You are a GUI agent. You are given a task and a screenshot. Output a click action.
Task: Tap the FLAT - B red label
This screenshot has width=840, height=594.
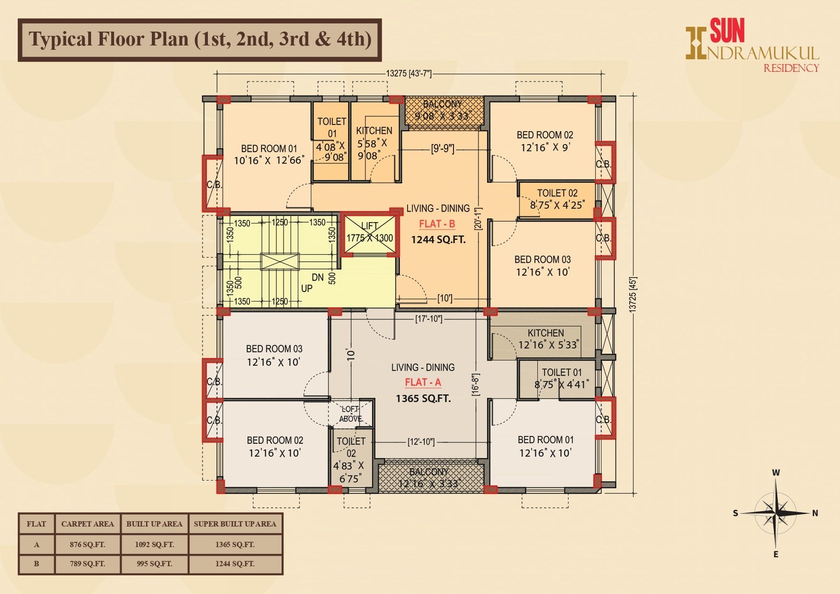[x=437, y=224]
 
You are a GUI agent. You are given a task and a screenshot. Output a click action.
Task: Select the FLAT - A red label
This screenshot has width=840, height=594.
[x=423, y=382]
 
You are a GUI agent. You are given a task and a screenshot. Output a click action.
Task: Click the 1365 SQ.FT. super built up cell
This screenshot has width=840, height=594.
[x=235, y=544]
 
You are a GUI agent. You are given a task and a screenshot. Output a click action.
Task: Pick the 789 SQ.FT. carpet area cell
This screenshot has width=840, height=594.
[x=87, y=564]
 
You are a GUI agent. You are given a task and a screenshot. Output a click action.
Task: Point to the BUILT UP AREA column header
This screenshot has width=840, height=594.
[x=154, y=524]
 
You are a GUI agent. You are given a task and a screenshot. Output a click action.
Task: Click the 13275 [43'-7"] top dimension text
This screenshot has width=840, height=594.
[x=409, y=74]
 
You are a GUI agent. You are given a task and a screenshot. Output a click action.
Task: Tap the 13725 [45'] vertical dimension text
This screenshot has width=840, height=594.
[x=633, y=295]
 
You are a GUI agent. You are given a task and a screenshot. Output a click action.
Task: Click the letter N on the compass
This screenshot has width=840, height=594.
[x=815, y=513]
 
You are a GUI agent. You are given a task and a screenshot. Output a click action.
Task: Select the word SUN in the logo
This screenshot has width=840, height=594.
[x=727, y=31]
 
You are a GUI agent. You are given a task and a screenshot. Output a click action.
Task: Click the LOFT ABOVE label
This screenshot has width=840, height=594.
[x=350, y=414]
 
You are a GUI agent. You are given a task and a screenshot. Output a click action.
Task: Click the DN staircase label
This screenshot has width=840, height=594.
[x=318, y=278]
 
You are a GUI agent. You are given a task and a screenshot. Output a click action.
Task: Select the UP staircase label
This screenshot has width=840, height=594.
[x=306, y=288]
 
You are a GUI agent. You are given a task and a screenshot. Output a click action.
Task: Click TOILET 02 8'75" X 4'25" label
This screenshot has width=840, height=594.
[x=557, y=199]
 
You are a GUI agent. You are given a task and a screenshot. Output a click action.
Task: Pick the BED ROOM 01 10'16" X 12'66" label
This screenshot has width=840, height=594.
[x=269, y=155]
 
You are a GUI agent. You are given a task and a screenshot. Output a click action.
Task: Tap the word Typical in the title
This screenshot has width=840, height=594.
[x=60, y=39]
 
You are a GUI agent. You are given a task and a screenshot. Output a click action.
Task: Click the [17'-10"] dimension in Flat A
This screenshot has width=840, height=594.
[x=428, y=319]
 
